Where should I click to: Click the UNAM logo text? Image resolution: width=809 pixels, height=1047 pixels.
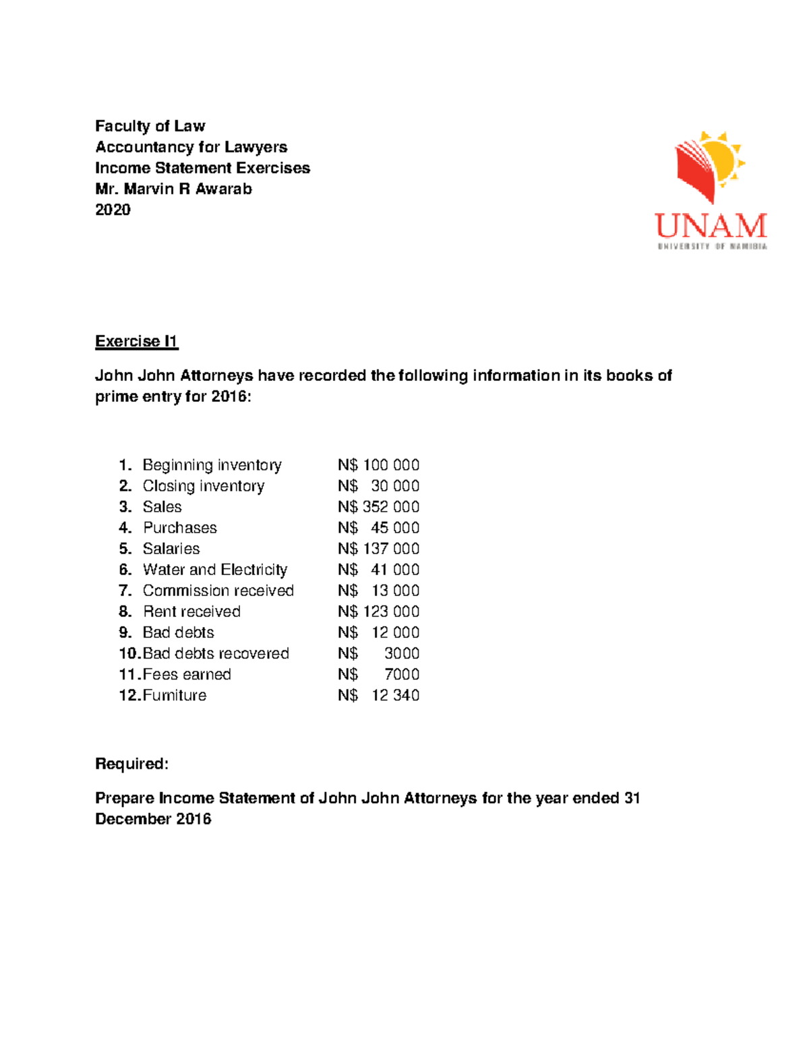click(711, 226)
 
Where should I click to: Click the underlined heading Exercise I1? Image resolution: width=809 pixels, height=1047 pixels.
click(136, 341)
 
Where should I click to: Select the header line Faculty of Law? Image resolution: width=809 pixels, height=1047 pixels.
click(150, 126)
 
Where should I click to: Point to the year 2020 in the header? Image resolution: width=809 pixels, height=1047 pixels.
click(113, 210)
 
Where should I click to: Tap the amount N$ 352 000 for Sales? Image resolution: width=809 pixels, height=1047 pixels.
click(378, 507)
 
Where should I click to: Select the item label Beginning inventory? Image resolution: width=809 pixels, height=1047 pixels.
click(212, 465)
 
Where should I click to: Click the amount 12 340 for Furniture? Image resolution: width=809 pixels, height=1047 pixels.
click(395, 695)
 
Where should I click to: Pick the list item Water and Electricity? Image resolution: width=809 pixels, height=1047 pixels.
click(214, 570)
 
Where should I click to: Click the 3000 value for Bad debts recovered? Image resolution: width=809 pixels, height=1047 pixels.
click(401, 653)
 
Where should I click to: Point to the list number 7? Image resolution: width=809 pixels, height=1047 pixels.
click(125, 591)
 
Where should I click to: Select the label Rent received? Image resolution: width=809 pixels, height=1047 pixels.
click(191, 611)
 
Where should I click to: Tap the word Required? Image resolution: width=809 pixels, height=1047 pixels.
click(131, 764)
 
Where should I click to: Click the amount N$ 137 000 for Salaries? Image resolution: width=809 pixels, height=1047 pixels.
click(378, 549)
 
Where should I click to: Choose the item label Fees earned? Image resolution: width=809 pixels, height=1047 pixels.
click(187, 674)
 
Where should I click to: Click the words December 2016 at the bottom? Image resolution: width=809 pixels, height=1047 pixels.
click(153, 819)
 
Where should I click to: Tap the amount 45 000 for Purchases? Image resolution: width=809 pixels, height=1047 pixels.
click(394, 528)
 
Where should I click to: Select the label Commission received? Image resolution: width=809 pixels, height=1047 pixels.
click(218, 591)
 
